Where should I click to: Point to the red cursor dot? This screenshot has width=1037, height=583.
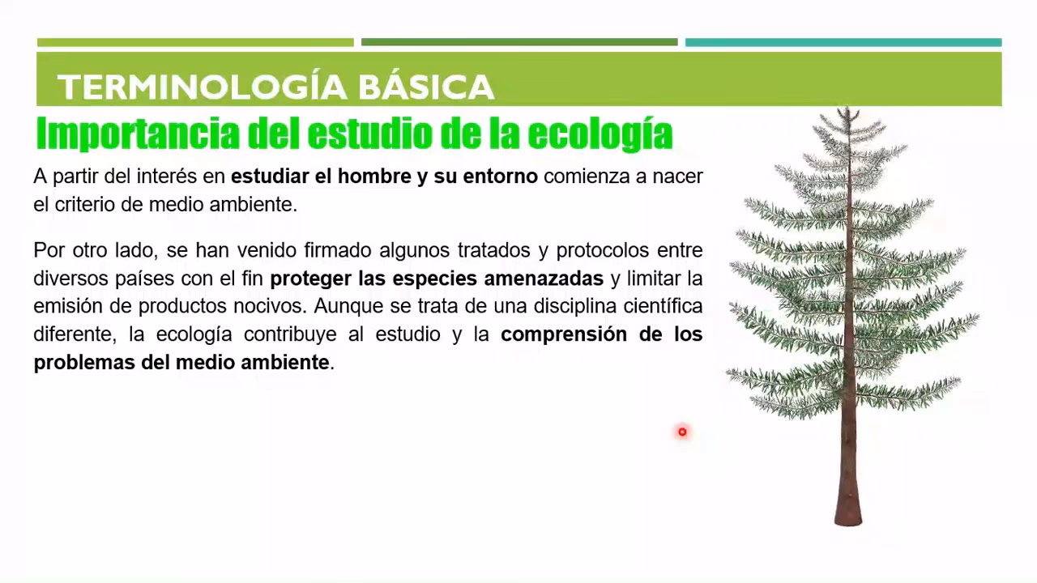coord(682,432)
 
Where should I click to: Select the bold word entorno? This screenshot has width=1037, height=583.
coord(500,177)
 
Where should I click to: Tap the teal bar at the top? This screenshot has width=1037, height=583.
coord(843,42)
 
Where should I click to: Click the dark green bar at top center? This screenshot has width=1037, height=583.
coord(519,42)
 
